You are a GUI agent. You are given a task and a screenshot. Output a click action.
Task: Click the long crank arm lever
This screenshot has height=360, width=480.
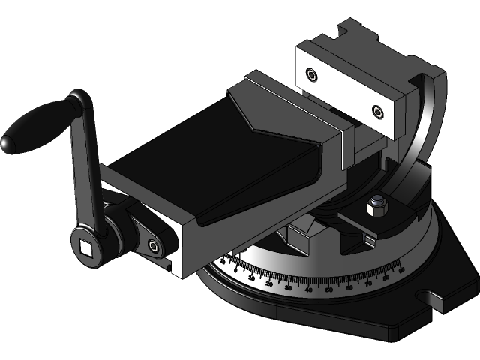coord(85,165)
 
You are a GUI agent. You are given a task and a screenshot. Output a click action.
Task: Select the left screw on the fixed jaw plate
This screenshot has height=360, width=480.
coord(311,73)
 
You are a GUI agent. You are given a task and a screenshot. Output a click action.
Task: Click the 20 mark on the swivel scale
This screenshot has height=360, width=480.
coord(269,283)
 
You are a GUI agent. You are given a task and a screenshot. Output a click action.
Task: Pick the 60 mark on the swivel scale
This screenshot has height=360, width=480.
coord(349,288)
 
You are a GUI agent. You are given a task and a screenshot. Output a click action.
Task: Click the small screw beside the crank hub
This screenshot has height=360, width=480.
coord(154,245)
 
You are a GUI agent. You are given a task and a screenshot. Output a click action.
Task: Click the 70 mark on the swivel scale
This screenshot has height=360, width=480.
coord(368,283)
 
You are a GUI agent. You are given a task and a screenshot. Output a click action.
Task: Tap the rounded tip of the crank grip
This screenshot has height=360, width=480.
coord(7,143)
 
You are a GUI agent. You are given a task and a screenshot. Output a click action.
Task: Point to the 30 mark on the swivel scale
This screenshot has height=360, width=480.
coord(289,288)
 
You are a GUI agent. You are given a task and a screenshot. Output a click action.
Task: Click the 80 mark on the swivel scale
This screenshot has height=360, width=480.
coord(386,277)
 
